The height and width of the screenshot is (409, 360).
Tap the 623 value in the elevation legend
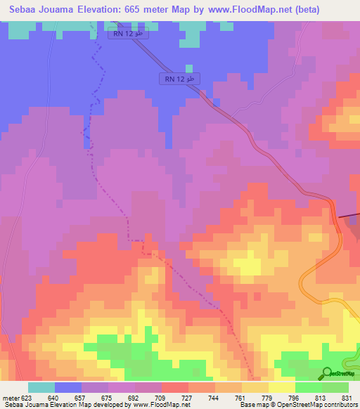pyautogui.click(x=27, y=396)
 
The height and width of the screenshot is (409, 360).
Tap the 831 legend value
pyautogui.click(x=344, y=396)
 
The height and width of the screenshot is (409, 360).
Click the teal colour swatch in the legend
pyautogui.click(x=41, y=387)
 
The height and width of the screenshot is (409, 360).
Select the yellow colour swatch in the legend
pyautogui.click(x=282, y=387)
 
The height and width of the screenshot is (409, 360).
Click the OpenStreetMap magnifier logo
pyautogui.click(x=327, y=372)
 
